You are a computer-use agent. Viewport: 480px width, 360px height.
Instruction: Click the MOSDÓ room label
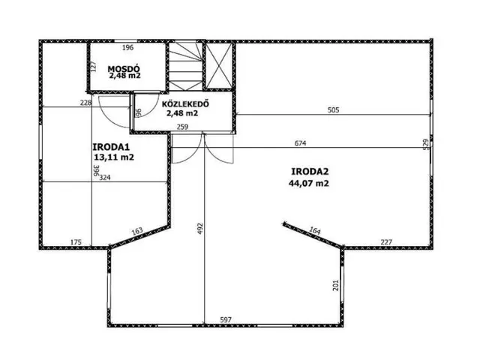pos(124,68)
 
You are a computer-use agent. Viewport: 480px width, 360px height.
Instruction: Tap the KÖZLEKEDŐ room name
pos(185,103)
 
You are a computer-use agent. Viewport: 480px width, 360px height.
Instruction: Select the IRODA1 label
pos(111,147)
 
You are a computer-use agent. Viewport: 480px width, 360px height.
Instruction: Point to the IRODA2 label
pos(310,172)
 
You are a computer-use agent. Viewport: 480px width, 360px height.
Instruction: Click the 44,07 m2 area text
pos(308,183)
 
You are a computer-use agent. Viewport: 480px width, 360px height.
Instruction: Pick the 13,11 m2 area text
pos(114,157)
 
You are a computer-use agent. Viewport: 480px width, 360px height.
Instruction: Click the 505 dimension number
pos(333,110)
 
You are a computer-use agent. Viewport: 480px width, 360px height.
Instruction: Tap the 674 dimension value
pos(300,143)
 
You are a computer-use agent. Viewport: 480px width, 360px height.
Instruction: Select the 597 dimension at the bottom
pos(226,320)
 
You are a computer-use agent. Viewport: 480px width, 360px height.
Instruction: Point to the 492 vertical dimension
pos(200,228)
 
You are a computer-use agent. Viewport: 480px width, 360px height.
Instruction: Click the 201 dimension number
pos(336,285)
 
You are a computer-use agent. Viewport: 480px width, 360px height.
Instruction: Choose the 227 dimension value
pos(386,242)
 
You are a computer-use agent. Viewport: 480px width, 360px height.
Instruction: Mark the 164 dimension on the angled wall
pos(315,231)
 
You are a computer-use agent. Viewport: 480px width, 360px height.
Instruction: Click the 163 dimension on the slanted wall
pos(137,231)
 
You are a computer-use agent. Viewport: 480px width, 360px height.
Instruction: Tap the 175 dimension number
pos(76,242)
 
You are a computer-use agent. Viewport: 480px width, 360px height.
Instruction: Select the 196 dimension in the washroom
pos(127,47)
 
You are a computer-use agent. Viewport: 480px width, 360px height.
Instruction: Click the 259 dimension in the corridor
pos(182,127)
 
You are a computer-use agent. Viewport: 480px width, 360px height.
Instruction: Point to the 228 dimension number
pos(85,103)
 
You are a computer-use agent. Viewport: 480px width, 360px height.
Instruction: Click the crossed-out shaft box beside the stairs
pos(218,65)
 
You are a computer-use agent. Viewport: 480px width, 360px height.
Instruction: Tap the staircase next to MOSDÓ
pos(186,66)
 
